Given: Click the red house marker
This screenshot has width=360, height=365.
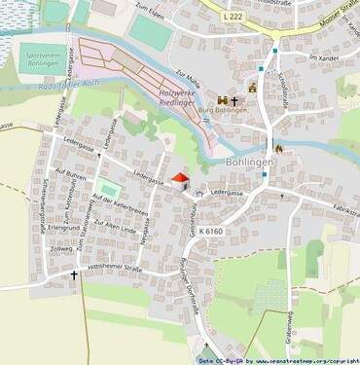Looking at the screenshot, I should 179,178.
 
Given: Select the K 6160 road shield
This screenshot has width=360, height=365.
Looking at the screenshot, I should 211,231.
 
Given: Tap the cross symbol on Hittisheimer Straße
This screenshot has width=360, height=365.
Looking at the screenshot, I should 73,275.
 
